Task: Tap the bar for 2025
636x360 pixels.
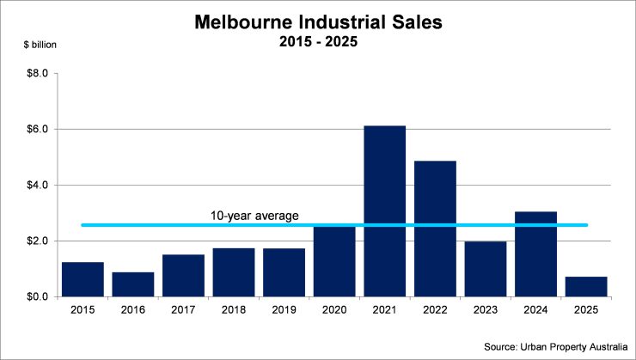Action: [x=586, y=287]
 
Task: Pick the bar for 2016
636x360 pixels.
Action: [x=132, y=284]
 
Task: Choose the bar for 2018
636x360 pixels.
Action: [x=233, y=272]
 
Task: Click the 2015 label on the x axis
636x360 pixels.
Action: [x=82, y=310]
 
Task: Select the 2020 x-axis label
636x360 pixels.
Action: [x=333, y=310]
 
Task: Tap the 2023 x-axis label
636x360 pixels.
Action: [x=485, y=310]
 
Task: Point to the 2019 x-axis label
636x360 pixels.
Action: [x=284, y=310]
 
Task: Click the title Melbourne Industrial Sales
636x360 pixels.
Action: [x=317, y=21]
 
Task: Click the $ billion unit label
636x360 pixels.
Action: [x=34, y=43]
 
